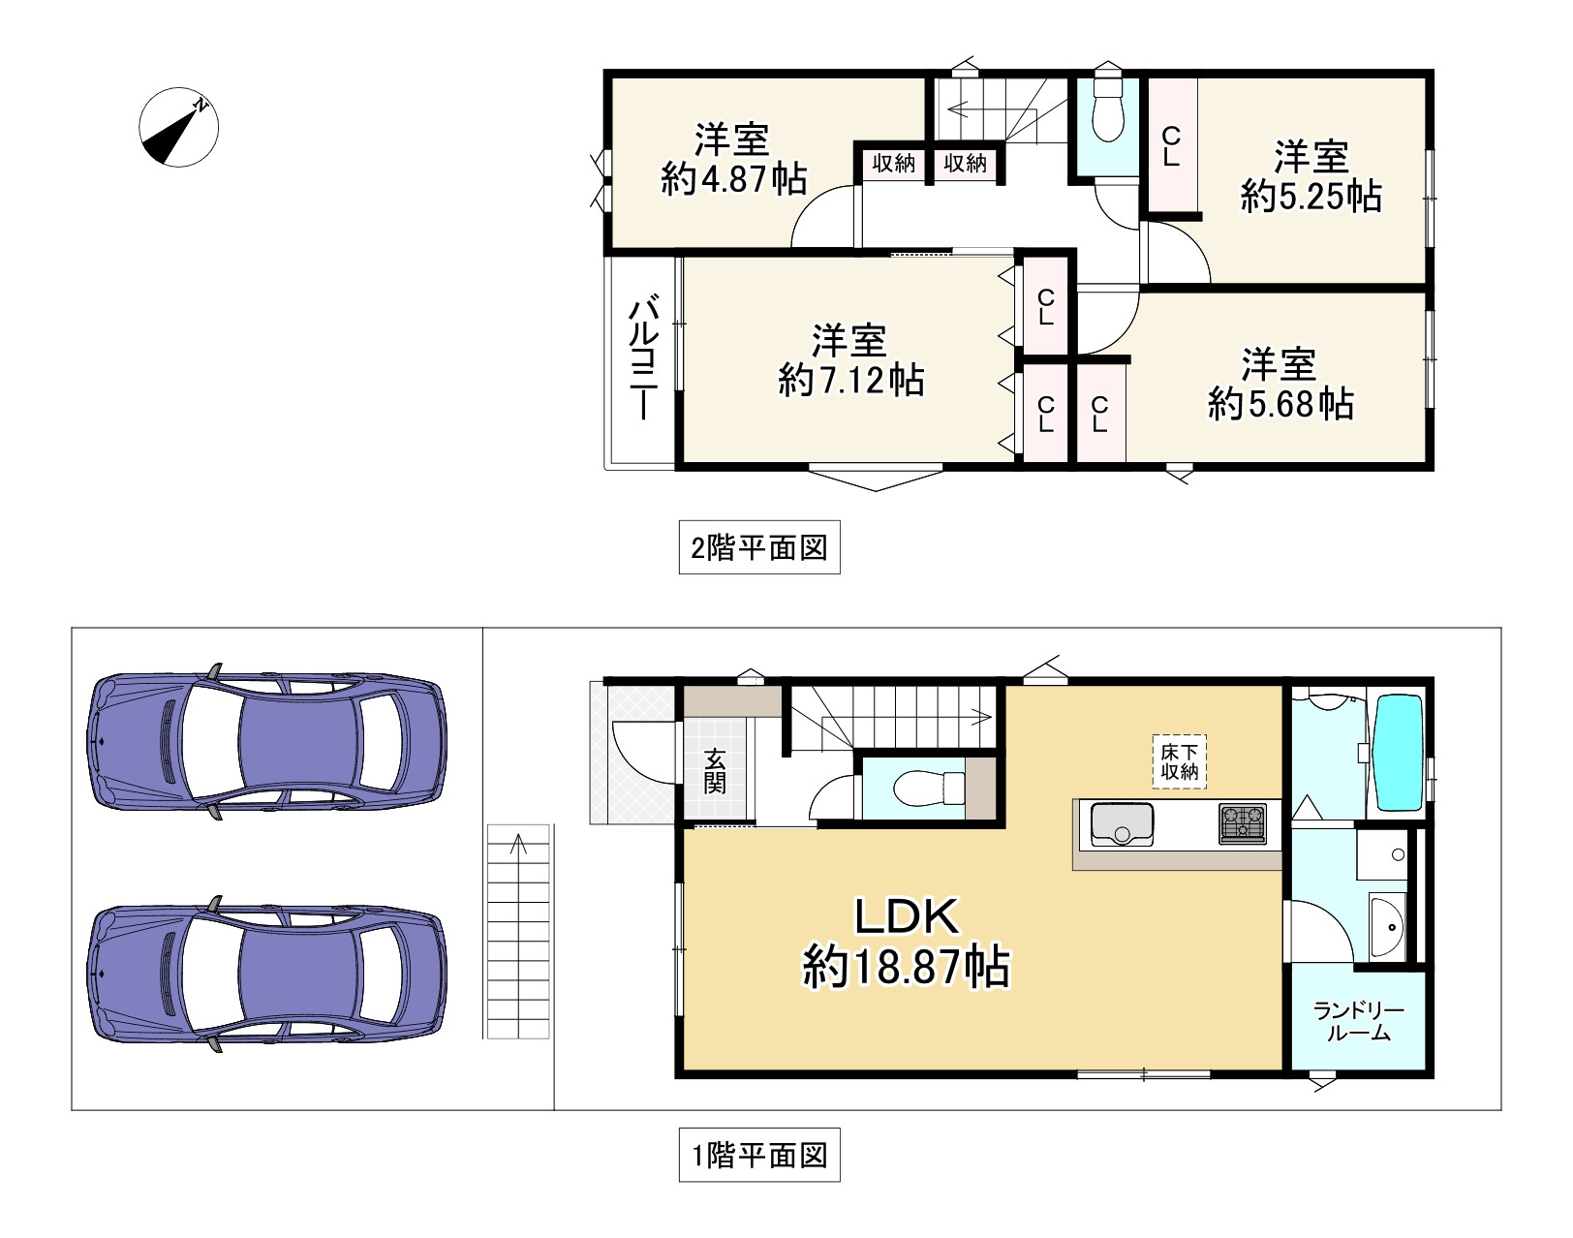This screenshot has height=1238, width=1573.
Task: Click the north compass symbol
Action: [178, 127]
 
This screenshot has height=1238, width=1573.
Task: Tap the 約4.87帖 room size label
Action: [734, 178]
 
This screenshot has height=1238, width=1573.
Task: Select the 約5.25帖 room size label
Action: [1311, 196]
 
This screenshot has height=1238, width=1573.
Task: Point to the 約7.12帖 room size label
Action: [850, 381]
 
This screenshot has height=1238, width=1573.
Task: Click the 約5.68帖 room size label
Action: [1280, 404]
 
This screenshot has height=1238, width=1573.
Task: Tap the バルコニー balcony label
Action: [643, 357]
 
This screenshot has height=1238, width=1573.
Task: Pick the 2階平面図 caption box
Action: [759, 547]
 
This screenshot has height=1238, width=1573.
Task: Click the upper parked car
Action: [266, 741]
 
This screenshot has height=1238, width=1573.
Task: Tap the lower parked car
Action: [266, 974]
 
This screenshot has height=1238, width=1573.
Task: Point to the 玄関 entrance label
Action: [715, 771]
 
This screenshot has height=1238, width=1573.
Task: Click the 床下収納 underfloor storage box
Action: [1180, 761]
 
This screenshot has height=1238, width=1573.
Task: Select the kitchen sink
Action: [1122, 824]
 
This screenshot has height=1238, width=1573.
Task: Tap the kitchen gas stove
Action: [1243, 824]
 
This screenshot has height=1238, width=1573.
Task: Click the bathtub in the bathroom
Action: [1400, 753]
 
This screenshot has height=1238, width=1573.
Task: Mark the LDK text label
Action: [907, 916]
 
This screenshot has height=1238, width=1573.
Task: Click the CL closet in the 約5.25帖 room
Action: [1172, 147]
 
